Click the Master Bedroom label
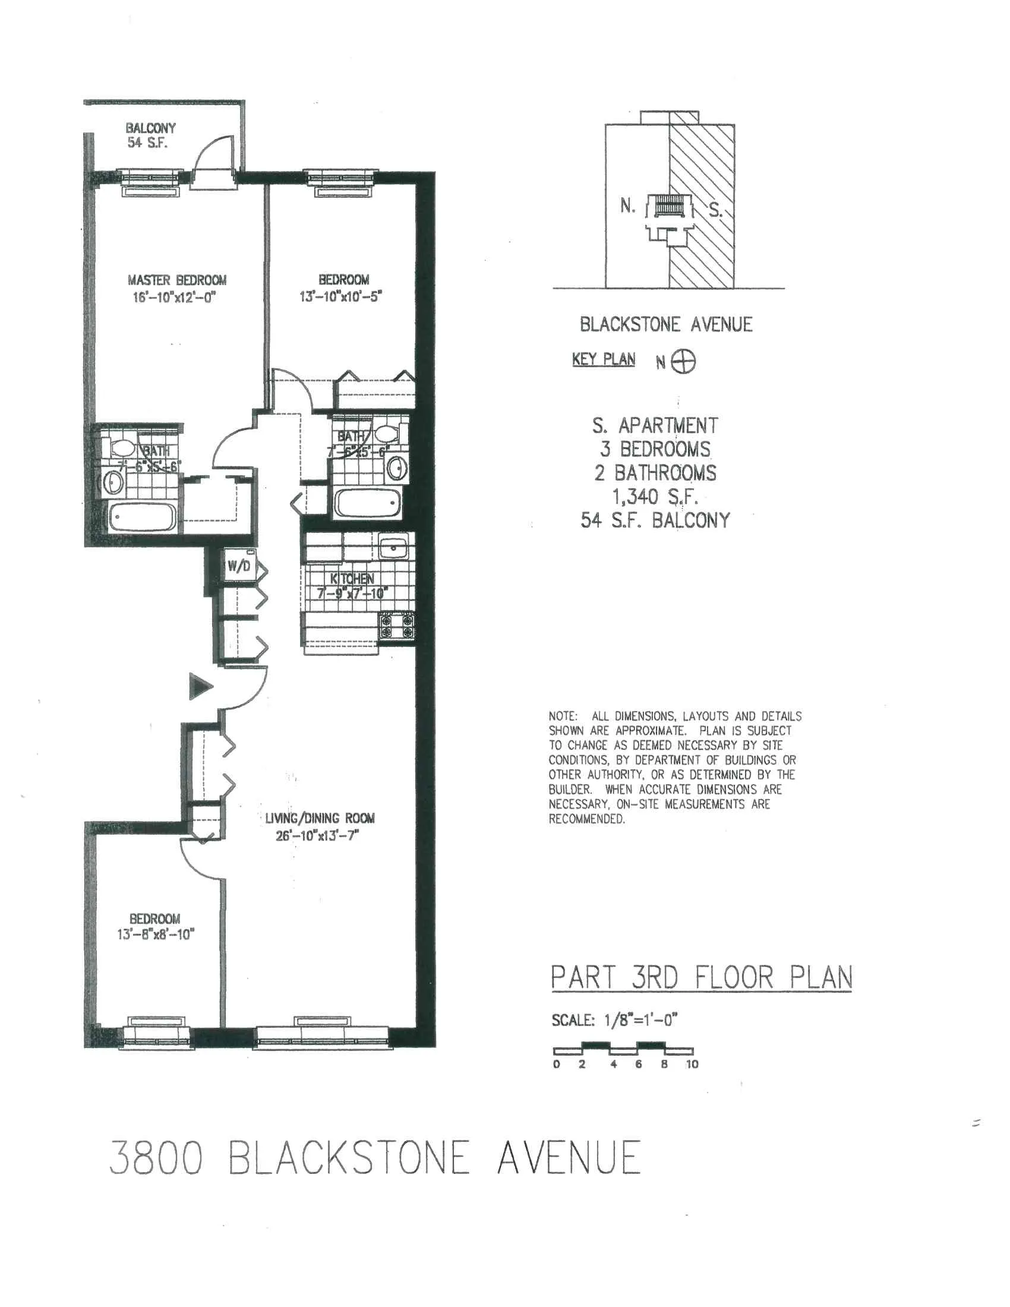177,280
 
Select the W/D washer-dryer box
239,566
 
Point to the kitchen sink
393,547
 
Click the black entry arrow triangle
200,686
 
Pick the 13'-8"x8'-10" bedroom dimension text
156,934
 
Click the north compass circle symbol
683,361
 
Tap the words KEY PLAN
603,359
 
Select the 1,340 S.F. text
655,496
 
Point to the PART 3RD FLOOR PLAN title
701,978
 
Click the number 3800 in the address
156,1157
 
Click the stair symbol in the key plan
668,207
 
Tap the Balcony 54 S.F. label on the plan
150,135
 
